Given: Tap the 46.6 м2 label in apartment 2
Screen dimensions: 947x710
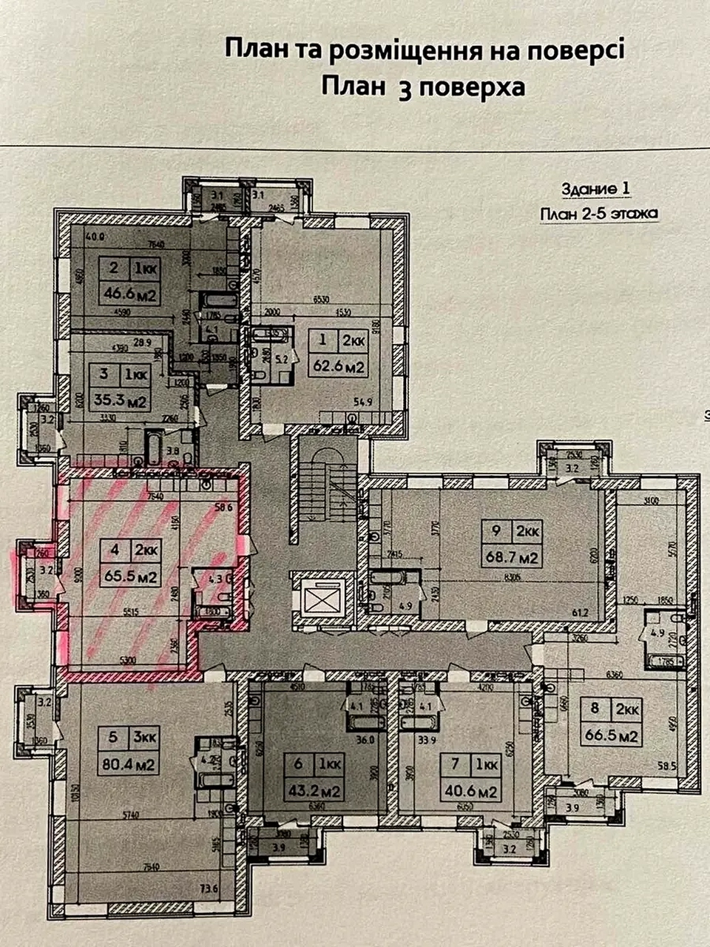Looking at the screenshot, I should (x=130, y=295).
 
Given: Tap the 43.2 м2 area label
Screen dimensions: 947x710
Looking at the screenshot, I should (x=314, y=791).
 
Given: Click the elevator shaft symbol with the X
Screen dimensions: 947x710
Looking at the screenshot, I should (x=319, y=597).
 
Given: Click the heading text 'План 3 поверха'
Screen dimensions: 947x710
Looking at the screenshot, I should (x=424, y=87).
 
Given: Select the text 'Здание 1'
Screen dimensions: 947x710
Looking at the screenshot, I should (x=596, y=188).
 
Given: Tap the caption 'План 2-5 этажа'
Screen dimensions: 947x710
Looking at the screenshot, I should (x=599, y=215).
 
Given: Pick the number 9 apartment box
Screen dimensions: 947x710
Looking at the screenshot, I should (x=496, y=530).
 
